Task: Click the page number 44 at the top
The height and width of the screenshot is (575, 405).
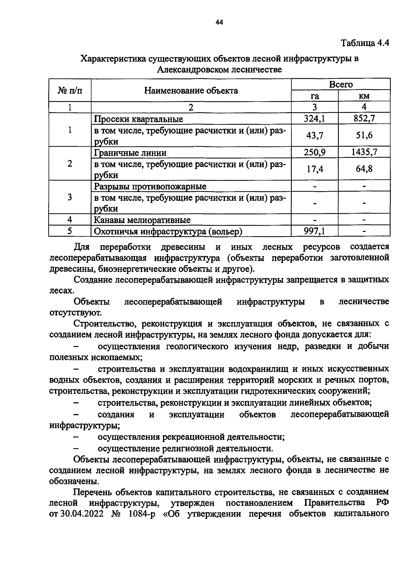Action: [219, 23]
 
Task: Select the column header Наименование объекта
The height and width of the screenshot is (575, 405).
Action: [191, 91]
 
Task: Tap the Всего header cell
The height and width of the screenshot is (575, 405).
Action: [341, 85]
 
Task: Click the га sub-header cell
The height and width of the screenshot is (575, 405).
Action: [315, 96]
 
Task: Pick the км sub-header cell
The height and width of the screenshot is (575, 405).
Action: [364, 96]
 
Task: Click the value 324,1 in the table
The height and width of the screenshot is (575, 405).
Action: [315, 119]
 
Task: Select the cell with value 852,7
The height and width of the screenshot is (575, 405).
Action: [364, 119]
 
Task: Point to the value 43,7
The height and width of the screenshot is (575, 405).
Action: [315, 135]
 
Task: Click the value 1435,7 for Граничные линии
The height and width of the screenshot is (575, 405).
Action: [364, 152]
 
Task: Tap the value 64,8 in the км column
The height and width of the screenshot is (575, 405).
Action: [364, 169]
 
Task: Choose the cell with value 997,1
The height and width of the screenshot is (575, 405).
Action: [315, 231]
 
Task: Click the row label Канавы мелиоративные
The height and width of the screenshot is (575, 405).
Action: [142, 220]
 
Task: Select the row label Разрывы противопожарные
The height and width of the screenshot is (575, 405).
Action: [150, 187]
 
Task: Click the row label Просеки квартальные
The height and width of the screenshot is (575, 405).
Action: [138, 119]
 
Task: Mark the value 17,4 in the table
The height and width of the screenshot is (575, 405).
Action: [315, 169]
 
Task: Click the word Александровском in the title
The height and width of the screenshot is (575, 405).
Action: [190, 70]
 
